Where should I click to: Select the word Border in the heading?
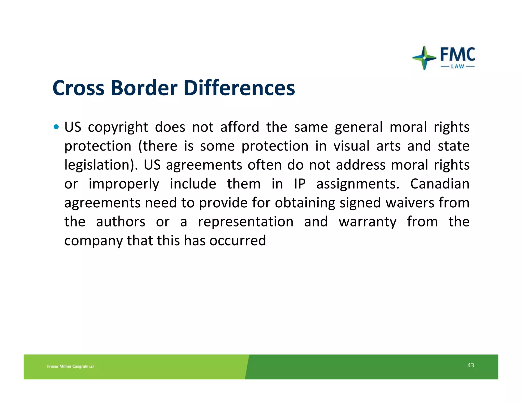tap(144, 88)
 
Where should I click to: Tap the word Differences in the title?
tap(239, 88)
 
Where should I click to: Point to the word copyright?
tap(118, 127)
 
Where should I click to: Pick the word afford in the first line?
tap(240, 127)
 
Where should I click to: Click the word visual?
tap(351, 146)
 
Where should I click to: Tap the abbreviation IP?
tap(300, 184)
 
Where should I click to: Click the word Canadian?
tap(440, 184)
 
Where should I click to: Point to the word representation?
tap(246, 222)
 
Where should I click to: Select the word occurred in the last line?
tap(238, 240)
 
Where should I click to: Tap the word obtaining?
tap(305, 203)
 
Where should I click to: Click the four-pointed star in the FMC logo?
tap(424, 58)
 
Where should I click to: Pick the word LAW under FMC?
tap(458, 66)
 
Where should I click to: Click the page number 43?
tap(471, 365)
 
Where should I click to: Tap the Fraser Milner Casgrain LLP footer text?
tap(71, 366)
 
